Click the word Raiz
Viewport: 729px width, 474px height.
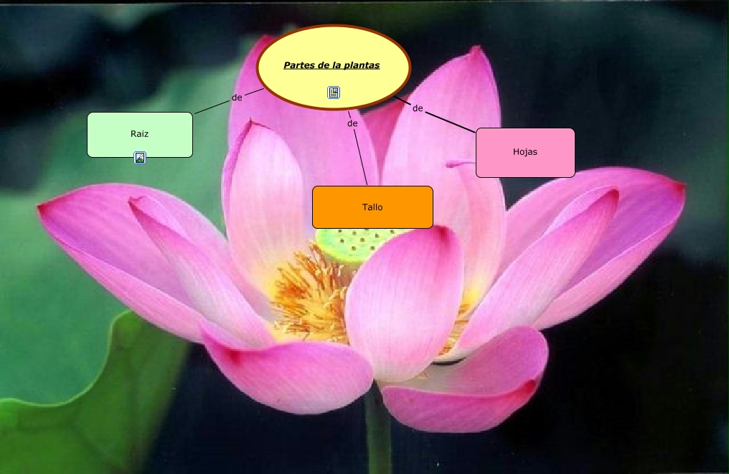pyautogui.click(x=140, y=133)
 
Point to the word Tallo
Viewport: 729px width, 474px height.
pyautogui.click(x=372, y=207)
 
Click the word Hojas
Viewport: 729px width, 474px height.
pyautogui.click(x=525, y=152)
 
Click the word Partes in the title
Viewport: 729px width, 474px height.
pyautogui.click(x=298, y=65)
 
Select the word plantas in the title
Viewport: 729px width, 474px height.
pyautogui.click(x=362, y=65)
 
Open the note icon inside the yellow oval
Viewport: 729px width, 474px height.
pyautogui.click(x=334, y=93)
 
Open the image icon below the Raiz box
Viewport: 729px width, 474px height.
pyautogui.click(x=140, y=158)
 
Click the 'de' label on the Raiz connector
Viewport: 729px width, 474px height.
pyautogui.click(x=237, y=97)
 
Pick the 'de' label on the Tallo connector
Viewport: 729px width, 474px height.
pyautogui.click(x=352, y=123)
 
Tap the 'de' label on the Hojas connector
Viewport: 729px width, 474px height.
pyautogui.click(x=418, y=108)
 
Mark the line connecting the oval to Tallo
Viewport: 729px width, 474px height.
pyautogui.click(x=360, y=158)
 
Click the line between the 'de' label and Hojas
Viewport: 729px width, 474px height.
pyautogui.click(x=452, y=121)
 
